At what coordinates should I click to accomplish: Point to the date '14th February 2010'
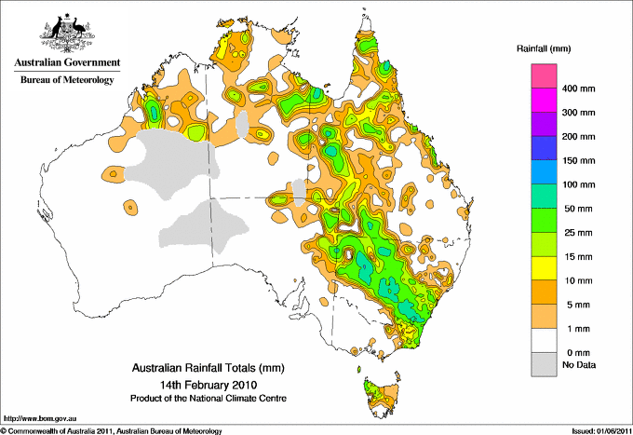point(207,384)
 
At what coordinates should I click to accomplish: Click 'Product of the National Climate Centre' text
point(207,398)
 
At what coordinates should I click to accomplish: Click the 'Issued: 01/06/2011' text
point(595,429)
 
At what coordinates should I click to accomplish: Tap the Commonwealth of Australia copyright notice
point(112,429)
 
